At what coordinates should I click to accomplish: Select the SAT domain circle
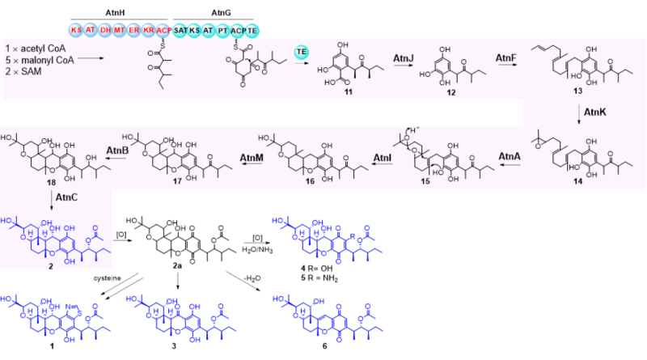pyautogui.click(x=181, y=29)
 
